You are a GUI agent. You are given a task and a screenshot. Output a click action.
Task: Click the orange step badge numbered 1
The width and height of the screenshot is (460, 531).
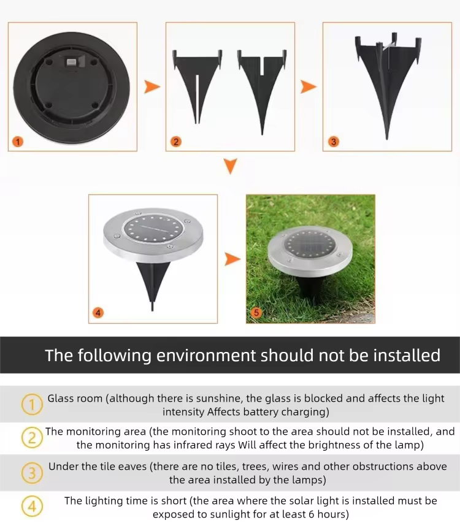click(18, 141)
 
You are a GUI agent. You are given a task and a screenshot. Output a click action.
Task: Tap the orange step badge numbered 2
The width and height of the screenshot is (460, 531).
click(176, 141)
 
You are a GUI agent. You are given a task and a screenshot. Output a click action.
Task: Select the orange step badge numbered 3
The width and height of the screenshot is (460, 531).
click(333, 141)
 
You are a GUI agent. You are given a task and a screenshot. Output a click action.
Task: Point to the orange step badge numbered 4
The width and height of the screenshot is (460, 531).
click(98, 312)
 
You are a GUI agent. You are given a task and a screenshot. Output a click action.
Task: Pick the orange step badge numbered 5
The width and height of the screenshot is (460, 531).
click(256, 312)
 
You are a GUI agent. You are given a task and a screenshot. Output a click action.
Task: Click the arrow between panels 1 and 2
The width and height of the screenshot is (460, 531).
click(151, 86)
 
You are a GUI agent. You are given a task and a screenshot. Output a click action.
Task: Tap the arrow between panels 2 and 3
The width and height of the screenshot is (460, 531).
click(309, 86)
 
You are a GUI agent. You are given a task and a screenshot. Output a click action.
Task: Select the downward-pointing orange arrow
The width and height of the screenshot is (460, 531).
click(231, 166)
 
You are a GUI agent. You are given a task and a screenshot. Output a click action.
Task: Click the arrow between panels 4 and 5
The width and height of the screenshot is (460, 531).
click(232, 259)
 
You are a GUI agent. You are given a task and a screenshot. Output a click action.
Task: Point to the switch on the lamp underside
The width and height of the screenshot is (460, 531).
click(72, 62)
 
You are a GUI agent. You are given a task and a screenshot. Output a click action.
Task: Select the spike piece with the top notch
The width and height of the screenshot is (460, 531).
click(262, 91)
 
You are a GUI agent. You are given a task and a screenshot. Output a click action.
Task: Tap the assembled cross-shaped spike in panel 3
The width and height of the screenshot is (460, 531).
click(388, 85)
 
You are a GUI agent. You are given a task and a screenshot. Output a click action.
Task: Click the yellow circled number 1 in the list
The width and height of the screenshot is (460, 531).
click(32, 404)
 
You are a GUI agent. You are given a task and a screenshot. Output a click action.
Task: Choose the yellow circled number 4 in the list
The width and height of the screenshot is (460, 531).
click(32, 507)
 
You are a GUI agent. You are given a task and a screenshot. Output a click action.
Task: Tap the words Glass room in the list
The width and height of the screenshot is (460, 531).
click(75, 399)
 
